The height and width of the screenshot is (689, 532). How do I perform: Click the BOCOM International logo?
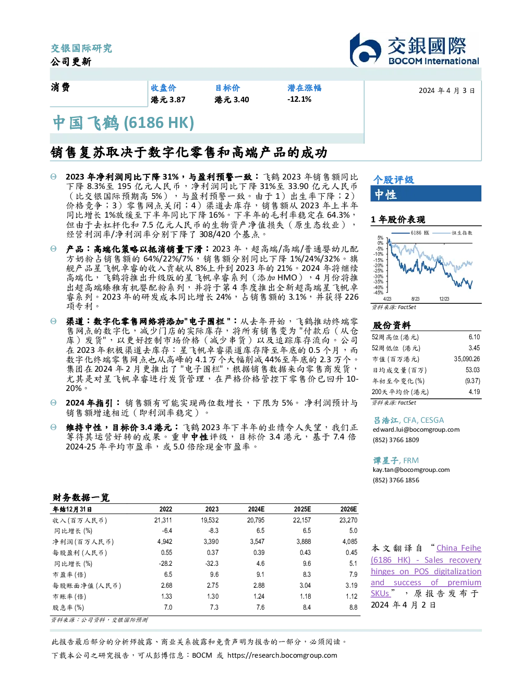pyautogui.click(x=415, y=50)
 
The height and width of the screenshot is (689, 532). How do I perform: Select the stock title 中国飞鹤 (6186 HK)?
pyautogui.click(x=124, y=123)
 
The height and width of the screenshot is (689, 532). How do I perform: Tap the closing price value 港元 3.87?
pyautogui.click(x=168, y=100)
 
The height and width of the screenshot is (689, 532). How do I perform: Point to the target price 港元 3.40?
pyautogui.click(x=232, y=100)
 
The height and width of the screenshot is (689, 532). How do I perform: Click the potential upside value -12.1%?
pyautogui.click(x=299, y=99)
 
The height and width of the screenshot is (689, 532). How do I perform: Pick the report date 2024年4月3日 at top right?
pyautogui.click(x=447, y=91)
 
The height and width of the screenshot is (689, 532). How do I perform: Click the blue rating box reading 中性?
pyautogui.click(x=426, y=194)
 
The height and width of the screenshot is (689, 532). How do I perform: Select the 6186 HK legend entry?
pyautogui.click(x=409, y=233)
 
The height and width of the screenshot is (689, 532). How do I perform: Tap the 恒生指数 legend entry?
pyautogui.click(x=453, y=233)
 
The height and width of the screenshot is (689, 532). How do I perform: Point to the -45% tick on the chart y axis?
pyautogui.click(x=379, y=293)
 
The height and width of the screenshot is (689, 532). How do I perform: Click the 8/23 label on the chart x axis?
pyautogui.click(x=415, y=299)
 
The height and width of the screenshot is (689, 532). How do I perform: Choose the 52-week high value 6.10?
pyautogui.click(x=474, y=337)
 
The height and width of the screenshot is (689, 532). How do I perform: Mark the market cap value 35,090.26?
pyautogui.click(x=467, y=359)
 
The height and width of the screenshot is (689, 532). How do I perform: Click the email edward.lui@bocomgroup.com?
pyautogui.click(x=416, y=430)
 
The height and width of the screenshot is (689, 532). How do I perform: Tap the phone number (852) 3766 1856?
pyautogui.click(x=396, y=480)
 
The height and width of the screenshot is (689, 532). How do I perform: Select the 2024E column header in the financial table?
pyautogui.click(x=256, y=509)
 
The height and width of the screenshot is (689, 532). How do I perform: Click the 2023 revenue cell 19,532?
pyautogui.click(x=210, y=520)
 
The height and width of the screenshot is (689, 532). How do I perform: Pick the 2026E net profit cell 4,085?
pyautogui.click(x=350, y=542)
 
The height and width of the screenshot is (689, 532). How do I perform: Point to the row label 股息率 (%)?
pyautogui.click(x=68, y=608)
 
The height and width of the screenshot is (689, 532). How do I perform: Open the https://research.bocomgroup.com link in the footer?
pyautogui.click(x=282, y=656)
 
